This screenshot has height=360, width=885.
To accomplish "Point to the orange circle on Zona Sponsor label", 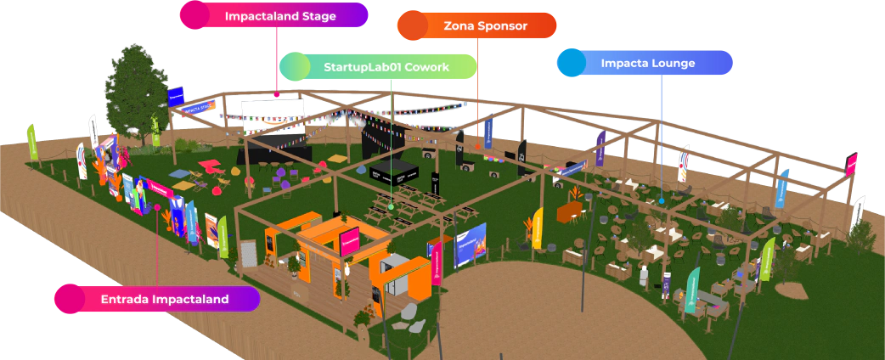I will tap(413, 26).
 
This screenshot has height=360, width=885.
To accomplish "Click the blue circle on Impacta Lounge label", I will tap(572, 63).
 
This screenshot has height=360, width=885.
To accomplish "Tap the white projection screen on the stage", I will tap(271, 116).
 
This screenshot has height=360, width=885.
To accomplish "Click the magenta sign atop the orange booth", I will tap(350, 241).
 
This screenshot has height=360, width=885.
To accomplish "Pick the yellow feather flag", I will tap(538, 228).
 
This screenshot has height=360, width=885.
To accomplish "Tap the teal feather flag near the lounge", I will tap(693, 286).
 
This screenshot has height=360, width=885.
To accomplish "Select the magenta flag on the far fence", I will tap(851, 163).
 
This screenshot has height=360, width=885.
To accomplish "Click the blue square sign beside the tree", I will tap(176, 96).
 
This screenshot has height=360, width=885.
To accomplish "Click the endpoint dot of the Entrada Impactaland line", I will tap(157, 206).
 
